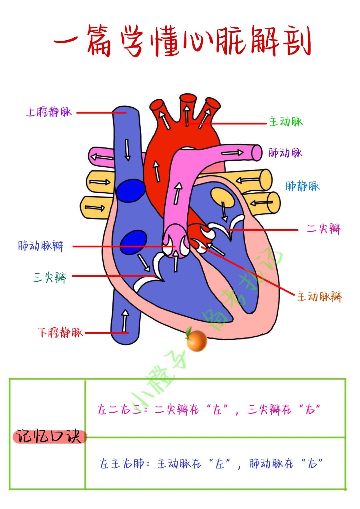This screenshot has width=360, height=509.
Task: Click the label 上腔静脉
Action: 49,111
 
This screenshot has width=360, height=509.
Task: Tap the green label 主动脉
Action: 286,122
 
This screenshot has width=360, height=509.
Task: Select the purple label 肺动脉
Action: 285,153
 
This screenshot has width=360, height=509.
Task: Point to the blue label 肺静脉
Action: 302,186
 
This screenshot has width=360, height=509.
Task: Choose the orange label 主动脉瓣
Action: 319,296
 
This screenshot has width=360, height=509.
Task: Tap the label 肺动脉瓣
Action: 41,246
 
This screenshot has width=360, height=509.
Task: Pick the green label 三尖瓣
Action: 50,277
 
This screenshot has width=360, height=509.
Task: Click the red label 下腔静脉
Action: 60,332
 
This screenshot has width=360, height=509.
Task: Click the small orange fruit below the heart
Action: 196,341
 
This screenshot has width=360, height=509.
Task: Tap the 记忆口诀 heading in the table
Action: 49,436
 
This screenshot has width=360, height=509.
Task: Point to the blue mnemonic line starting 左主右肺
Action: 211,463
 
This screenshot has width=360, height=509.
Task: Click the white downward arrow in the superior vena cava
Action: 127,150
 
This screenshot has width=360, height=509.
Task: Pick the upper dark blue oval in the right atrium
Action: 131,190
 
